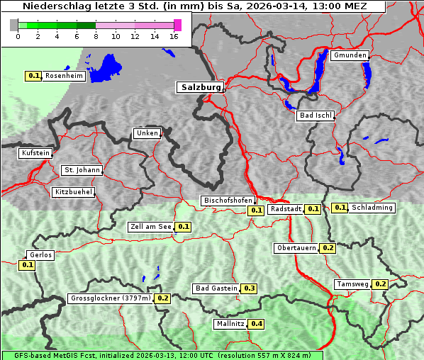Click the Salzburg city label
(200, 87)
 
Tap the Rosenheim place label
(64, 75)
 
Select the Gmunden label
(350, 55)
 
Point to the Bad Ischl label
(315, 116)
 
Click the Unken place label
(147, 133)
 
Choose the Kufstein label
(35, 152)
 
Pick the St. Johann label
(82, 170)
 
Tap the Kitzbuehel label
(73, 192)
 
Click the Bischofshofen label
(228, 201)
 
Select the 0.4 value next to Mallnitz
(257, 324)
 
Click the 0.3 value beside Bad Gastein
(249, 288)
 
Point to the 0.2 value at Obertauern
(328, 248)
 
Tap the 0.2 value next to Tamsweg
(380, 284)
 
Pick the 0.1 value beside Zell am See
(183, 227)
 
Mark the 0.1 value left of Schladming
(340, 208)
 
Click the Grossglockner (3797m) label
(111, 298)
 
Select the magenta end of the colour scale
(177, 25)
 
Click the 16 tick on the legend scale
(174, 36)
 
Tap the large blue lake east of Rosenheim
(107, 67)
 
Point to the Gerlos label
(40, 255)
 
